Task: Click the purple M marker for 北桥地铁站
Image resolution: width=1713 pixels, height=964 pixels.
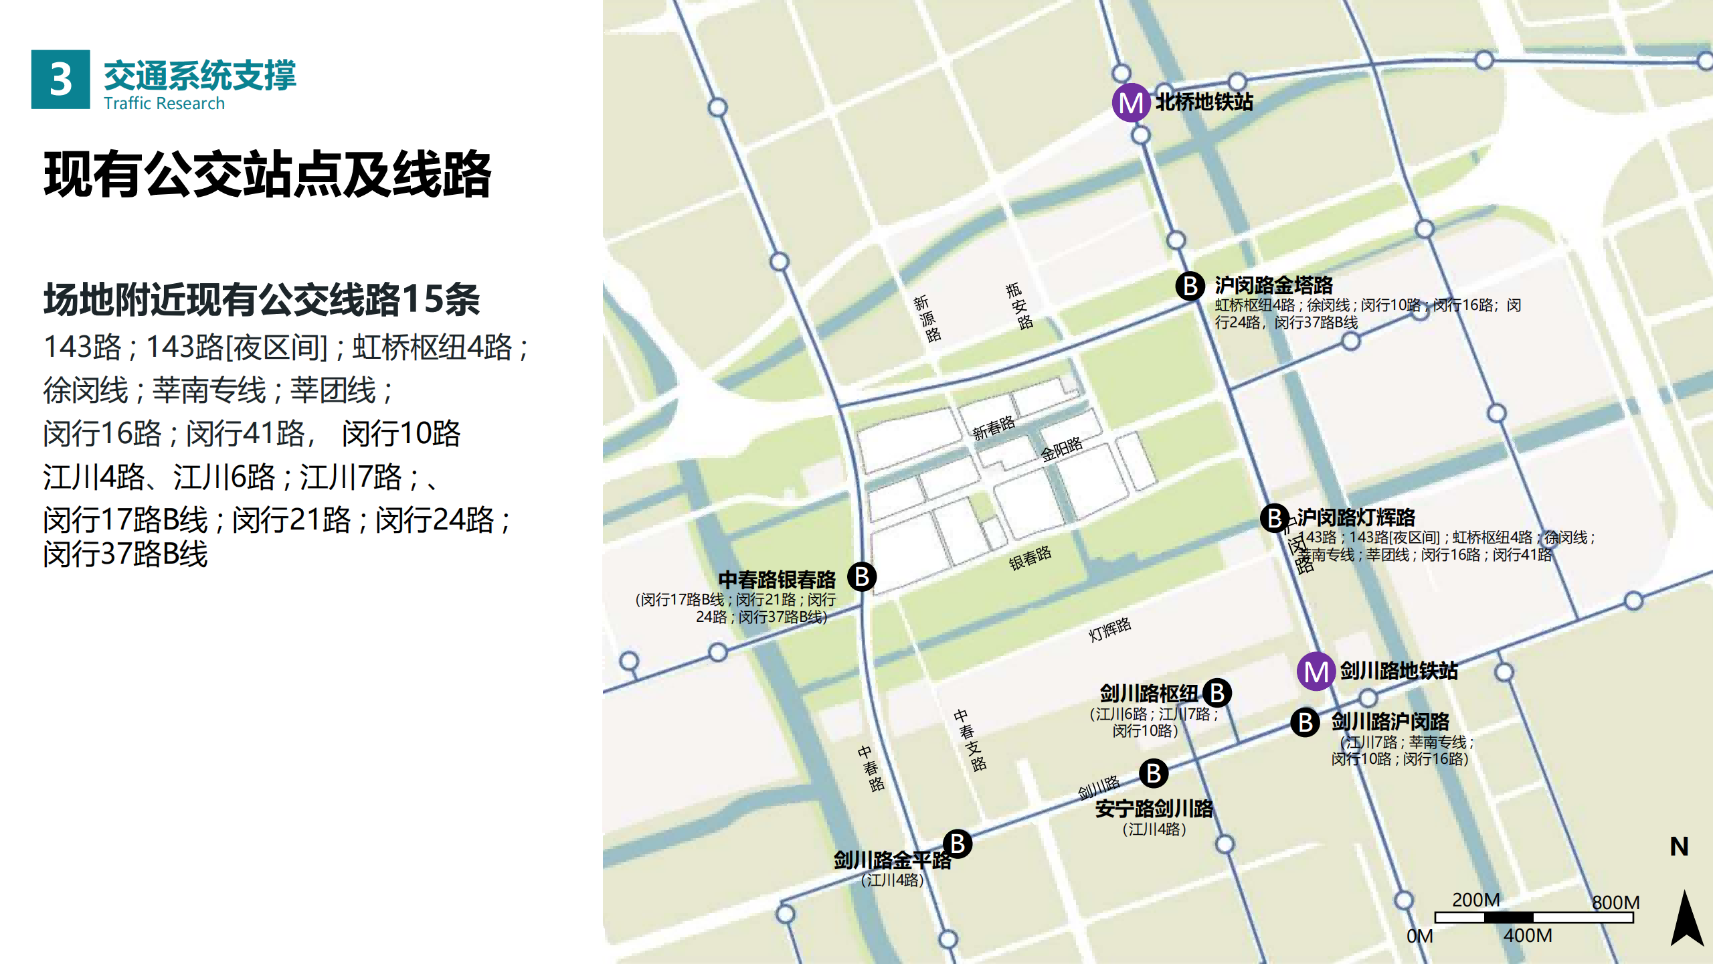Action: (x=1131, y=102)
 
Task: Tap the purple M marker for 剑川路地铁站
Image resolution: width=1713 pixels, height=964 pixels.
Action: (x=1316, y=671)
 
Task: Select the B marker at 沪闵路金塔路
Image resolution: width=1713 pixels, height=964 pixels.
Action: (x=1190, y=286)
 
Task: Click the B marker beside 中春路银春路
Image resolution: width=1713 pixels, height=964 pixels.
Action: (x=862, y=576)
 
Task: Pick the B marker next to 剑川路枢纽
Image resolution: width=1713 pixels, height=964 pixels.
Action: (x=1216, y=693)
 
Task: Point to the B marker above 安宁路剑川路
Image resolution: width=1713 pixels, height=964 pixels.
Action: (x=1154, y=773)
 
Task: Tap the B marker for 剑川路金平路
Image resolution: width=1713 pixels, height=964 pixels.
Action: (x=958, y=843)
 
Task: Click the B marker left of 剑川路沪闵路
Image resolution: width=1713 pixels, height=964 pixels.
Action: (x=1305, y=722)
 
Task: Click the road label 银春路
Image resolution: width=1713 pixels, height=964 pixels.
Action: (x=1030, y=558)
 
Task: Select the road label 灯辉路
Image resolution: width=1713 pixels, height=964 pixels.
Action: (x=1109, y=629)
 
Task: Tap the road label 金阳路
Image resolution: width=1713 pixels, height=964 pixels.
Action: (x=1061, y=449)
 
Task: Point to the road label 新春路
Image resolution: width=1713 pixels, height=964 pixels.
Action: (x=994, y=427)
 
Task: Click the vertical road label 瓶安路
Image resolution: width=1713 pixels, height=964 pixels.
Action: (x=1019, y=306)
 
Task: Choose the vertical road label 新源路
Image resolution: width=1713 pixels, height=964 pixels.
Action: (x=927, y=319)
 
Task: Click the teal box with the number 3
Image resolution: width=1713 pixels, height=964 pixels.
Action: (x=60, y=79)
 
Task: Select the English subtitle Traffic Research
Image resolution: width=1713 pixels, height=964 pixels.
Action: (x=164, y=104)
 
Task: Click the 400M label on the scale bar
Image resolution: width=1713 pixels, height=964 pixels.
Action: (x=1527, y=935)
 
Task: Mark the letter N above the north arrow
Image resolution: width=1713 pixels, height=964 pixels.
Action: (x=1679, y=847)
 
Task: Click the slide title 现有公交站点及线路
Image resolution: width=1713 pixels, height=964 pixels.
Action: (x=268, y=175)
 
